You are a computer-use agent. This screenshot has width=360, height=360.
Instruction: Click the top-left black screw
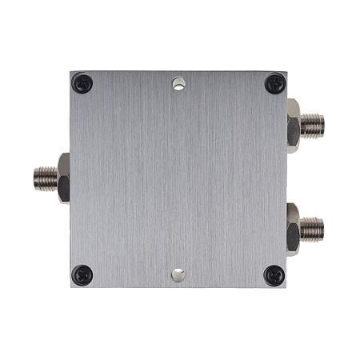[82, 82]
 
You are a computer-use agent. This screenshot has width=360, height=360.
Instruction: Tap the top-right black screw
[274, 82]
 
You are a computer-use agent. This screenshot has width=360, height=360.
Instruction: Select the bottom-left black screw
[82, 274]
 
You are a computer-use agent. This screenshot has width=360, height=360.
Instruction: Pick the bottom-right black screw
[274, 274]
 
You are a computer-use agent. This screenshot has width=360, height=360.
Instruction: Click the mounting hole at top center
[178, 82]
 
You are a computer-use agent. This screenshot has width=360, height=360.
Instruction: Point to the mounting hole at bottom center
[178, 275]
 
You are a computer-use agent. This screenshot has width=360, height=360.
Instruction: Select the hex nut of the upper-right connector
[293, 125]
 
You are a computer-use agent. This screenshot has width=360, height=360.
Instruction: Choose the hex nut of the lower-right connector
[293, 228]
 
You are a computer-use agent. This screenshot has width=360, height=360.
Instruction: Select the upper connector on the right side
[305, 125]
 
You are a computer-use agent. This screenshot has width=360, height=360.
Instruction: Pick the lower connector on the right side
[305, 228]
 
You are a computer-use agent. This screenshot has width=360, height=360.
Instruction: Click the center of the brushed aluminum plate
[178, 179]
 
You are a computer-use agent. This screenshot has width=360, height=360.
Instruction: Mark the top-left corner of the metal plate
[70, 70]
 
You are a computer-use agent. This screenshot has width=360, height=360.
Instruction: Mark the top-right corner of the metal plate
[286, 70]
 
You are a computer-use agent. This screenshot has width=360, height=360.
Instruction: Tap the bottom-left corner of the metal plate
[70, 287]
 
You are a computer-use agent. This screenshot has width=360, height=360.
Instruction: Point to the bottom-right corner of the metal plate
[286, 287]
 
